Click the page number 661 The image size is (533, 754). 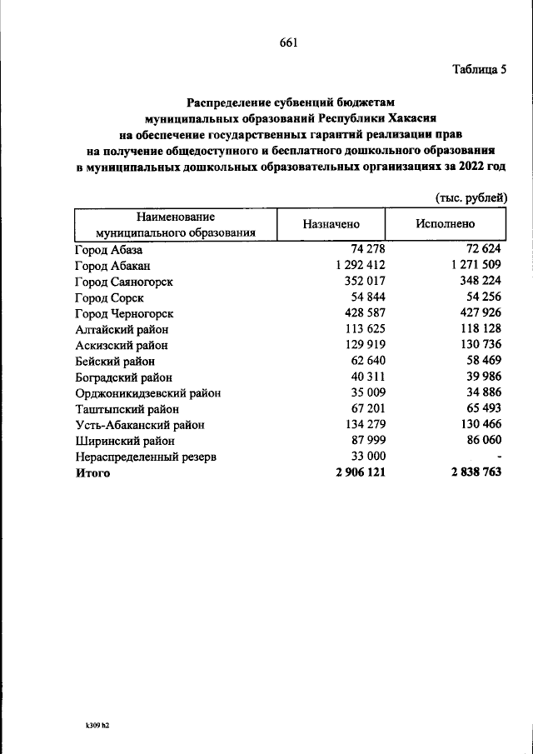point(288,42)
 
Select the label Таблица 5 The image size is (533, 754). point(477,69)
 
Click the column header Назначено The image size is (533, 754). point(331,225)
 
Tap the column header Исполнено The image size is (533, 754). point(446,225)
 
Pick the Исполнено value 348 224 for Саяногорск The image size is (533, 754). point(481,281)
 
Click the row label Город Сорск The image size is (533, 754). point(109,297)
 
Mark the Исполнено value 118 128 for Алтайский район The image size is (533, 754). point(481,329)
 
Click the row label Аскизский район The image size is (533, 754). point(121,345)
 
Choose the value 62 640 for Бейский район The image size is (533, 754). point(365,361)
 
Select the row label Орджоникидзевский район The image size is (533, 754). point(147,392)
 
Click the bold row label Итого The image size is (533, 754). point(92,472)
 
